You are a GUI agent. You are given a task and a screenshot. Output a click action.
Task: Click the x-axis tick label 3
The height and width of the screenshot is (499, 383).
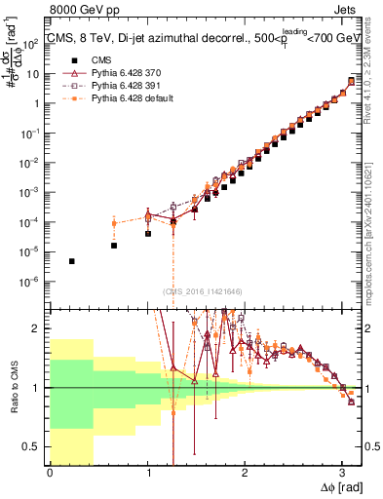pyautogui.click(x=341, y=471)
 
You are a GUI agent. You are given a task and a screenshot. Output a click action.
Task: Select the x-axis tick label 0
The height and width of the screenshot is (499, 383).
pyautogui.click(x=50, y=471)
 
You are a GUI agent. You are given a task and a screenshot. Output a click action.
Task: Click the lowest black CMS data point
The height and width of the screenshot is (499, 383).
pyautogui.click(x=71, y=261)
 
